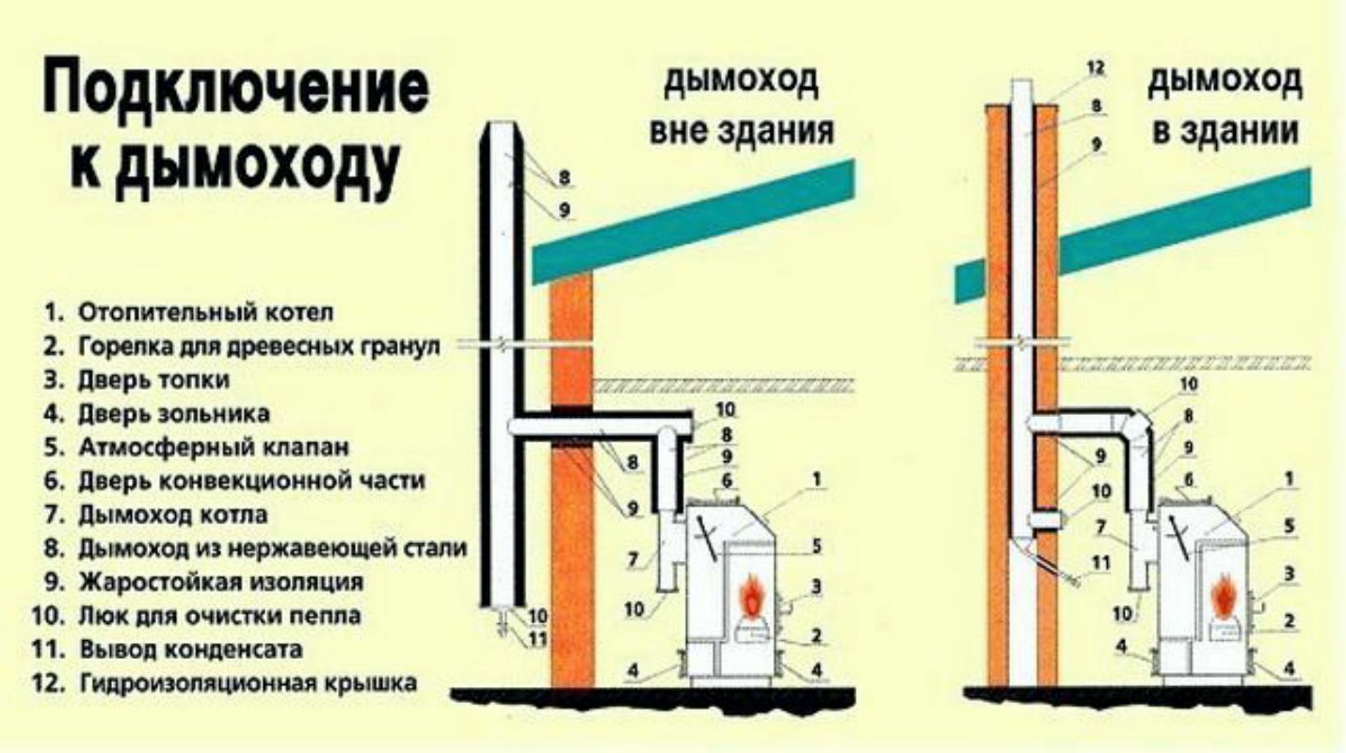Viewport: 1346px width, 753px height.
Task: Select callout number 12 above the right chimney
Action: pyautogui.click(x=1095, y=69)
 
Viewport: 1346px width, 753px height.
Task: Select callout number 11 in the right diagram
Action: pyautogui.click(x=1098, y=564)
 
